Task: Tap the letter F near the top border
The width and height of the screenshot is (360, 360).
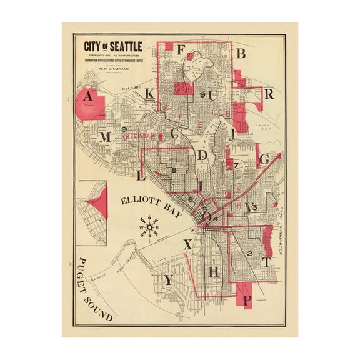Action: (x=181, y=50)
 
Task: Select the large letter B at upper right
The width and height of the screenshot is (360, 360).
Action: (x=240, y=54)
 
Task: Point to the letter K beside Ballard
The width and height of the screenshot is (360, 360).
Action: (x=149, y=94)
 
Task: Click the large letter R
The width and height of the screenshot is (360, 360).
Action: (x=269, y=94)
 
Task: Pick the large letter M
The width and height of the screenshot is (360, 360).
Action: (x=105, y=137)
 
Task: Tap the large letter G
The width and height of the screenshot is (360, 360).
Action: (x=264, y=159)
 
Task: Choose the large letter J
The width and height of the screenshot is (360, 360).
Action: (x=232, y=134)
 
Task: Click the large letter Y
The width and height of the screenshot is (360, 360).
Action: (x=167, y=281)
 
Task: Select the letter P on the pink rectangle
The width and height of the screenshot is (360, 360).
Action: (x=247, y=300)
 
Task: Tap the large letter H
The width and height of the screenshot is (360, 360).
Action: (x=214, y=271)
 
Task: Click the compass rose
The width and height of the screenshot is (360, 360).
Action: (x=149, y=226)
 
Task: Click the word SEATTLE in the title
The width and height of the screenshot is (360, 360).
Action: (x=124, y=46)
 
